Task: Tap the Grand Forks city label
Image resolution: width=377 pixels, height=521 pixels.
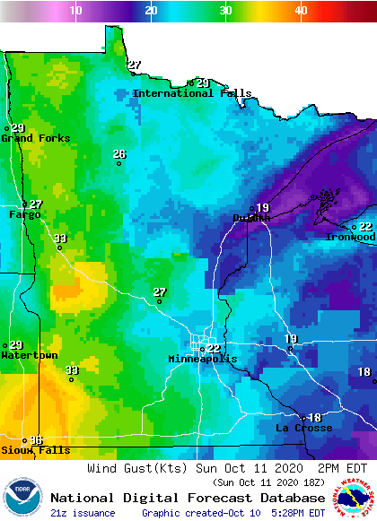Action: (30, 138)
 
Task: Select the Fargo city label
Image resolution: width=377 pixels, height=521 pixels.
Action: (24, 214)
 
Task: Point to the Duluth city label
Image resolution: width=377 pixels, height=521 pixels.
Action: (251, 218)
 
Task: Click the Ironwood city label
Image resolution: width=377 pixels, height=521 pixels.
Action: (350, 237)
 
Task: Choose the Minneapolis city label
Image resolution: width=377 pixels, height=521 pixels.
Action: (203, 359)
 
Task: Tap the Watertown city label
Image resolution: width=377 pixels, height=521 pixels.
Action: (29, 355)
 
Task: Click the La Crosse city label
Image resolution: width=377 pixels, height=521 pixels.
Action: (303, 428)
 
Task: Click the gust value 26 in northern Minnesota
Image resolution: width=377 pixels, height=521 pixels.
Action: (119, 154)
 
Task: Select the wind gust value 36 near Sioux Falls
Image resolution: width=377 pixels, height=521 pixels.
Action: (36, 439)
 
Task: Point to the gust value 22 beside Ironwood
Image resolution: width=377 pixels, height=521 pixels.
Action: (365, 227)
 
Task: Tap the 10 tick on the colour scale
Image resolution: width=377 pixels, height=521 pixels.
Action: (76, 10)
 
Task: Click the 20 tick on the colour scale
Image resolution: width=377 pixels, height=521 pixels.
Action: (152, 10)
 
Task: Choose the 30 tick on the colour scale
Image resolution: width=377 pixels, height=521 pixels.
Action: (226, 10)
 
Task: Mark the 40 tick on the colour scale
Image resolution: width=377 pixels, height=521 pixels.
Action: (301, 10)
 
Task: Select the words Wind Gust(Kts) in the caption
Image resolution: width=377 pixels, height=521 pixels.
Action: (136, 468)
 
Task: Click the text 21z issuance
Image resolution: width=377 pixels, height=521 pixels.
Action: (83, 513)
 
